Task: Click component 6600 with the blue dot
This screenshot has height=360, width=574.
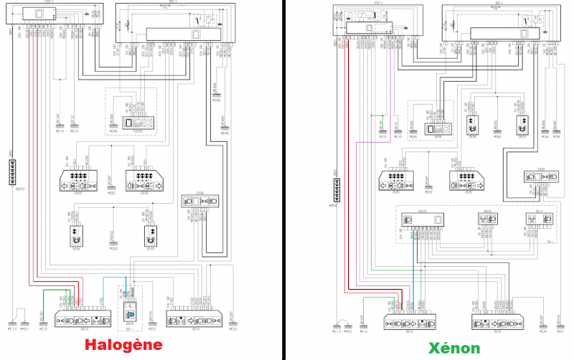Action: [130, 313]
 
